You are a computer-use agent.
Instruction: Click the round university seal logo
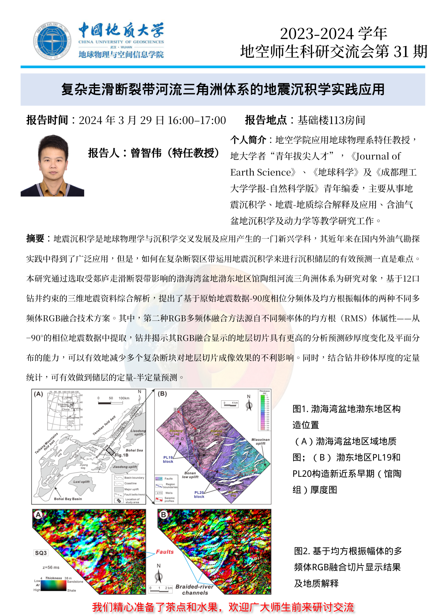click(x=52, y=41)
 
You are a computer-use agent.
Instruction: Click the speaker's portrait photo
click(x=52, y=165)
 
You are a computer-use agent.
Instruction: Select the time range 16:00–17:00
click(x=197, y=120)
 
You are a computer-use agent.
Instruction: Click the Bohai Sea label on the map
click(x=134, y=450)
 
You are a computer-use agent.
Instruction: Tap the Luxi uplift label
click(x=81, y=482)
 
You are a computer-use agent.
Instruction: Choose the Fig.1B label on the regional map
click(x=122, y=455)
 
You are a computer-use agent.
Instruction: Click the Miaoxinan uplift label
click(x=260, y=441)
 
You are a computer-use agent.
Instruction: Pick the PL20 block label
click(x=199, y=494)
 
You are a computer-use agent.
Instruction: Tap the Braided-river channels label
click(x=194, y=590)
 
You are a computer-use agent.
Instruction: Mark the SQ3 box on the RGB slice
click(x=41, y=553)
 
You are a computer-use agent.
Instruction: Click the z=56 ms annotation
click(x=51, y=567)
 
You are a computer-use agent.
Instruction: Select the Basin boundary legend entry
click(x=134, y=477)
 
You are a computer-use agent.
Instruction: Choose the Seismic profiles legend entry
click(x=169, y=499)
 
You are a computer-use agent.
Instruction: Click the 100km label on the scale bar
click(x=124, y=398)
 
